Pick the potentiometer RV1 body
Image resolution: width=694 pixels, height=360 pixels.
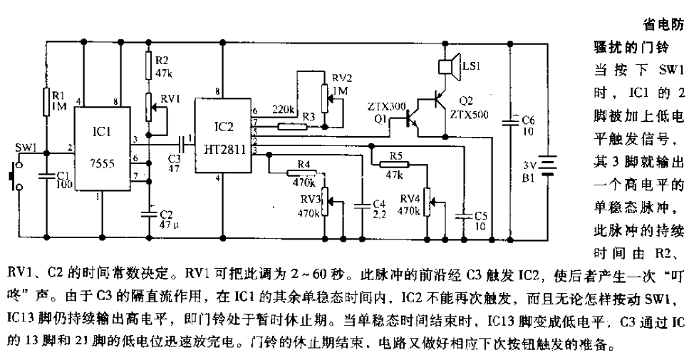coord(148,107)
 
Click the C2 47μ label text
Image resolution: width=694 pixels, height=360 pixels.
coord(163,218)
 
